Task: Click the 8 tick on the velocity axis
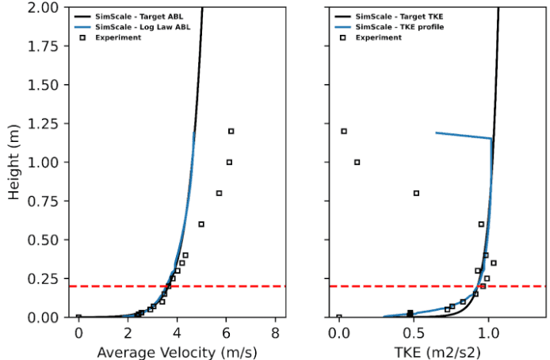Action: pyautogui.click(x=275, y=331)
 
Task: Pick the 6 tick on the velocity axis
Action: pyautogui.click(x=226, y=331)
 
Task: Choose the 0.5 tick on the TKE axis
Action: pyautogui.click(x=413, y=331)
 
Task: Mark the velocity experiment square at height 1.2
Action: pyautogui.click(x=231, y=132)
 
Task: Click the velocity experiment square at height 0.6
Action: pyautogui.click(x=201, y=224)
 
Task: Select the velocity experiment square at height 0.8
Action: pyautogui.click(x=220, y=193)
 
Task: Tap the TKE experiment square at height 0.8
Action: pyautogui.click(x=416, y=193)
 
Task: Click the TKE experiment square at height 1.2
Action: pyautogui.click(x=344, y=132)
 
